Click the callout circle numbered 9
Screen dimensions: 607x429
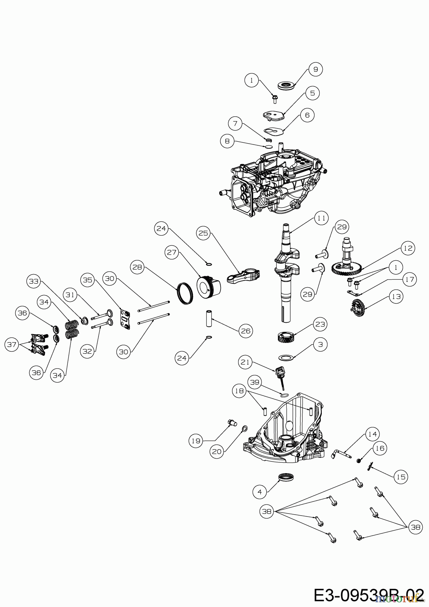(316, 69)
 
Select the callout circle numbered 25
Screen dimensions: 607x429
(204, 233)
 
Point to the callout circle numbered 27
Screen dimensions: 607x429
(172, 252)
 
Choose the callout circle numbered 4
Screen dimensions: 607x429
(259, 492)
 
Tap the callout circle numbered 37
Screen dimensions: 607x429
(12, 345)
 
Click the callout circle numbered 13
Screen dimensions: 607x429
(396, 296)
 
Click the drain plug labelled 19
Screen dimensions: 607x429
(232, 422)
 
